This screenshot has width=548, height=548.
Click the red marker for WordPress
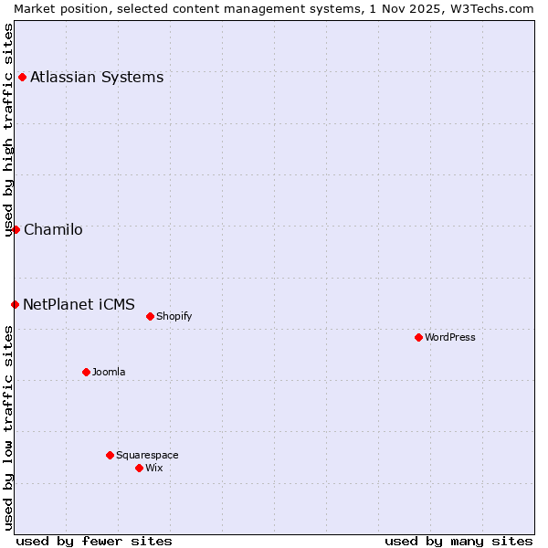(418, 337)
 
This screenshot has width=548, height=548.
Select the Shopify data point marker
(150, 316)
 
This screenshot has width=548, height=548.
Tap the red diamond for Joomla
(86, 372)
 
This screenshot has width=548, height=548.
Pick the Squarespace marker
(110, 455)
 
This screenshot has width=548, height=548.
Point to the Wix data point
(139, 468)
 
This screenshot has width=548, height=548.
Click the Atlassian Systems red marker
(22, 77)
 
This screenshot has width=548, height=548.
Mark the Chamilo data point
(16, 229)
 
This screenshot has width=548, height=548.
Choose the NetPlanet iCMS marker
(15, 304)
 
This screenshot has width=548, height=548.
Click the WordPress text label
(450, 337)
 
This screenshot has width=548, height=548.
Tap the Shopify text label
(174, 316)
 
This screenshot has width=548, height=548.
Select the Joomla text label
(109, 372)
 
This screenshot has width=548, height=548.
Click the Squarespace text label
(147, 455)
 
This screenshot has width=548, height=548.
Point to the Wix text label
(154, 468)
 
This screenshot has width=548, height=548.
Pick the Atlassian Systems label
(97, 77)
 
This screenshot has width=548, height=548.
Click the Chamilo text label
(53, 229)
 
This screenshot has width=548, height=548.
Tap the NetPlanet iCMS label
(79, 304)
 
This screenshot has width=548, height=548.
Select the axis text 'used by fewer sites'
(94, 541)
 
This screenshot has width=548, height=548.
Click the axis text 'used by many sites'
(458, 541)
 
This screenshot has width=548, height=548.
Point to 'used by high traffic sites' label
(8, 130)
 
